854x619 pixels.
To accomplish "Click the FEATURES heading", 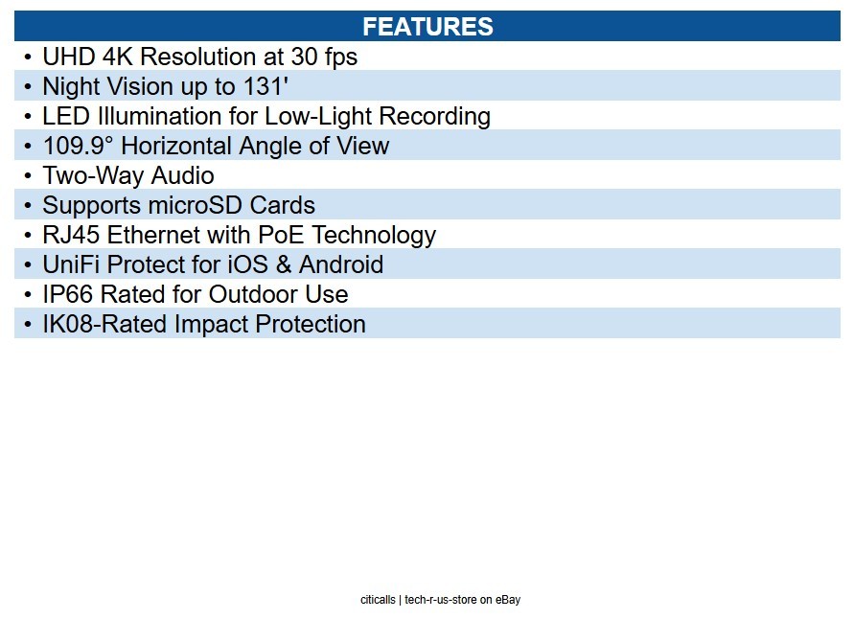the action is click(427, 27).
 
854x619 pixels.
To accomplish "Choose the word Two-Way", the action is click(93, 176).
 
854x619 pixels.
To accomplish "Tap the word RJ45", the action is click(71, 235).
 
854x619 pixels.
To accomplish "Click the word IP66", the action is click(68, 294).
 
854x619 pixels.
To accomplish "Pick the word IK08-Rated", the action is click(105, 324).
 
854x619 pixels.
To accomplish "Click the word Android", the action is click(341, 264).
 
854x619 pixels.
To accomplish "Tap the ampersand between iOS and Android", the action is click(284, 264).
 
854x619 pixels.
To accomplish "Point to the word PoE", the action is click(281, 235).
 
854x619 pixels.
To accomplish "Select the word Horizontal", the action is click(176, 146).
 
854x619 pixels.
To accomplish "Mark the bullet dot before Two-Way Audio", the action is click(28, 175).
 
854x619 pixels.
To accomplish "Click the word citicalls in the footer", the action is click(378, 600).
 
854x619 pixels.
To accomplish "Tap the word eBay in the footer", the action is click(508, 600).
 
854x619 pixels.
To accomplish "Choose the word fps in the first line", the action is click(341, 57).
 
